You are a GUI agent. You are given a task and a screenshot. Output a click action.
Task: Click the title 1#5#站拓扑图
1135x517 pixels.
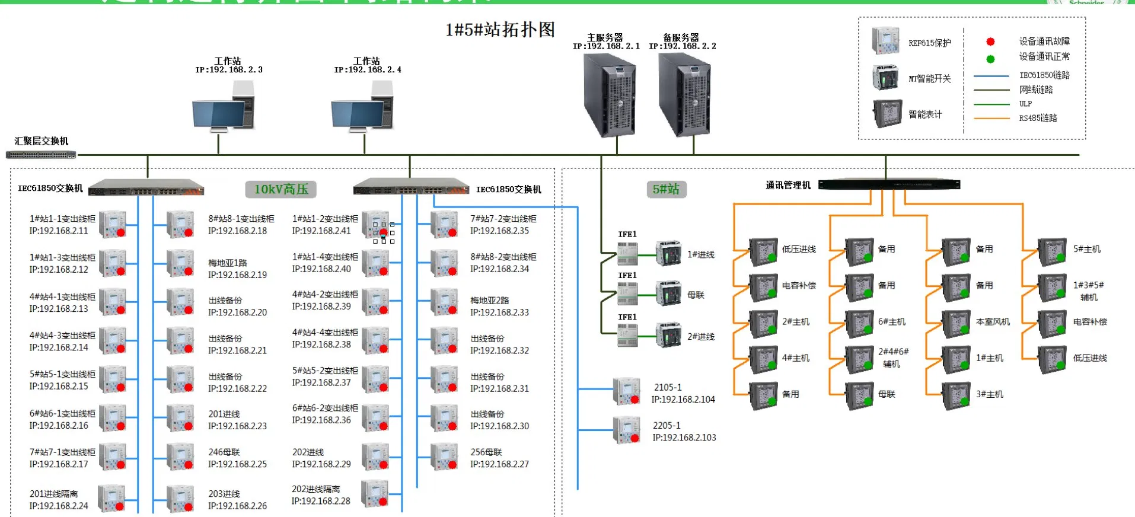(500, 30)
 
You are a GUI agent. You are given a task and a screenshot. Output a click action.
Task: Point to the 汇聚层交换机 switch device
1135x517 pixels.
(41, 155)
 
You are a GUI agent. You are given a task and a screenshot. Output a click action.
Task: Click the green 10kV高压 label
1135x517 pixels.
(280, 189)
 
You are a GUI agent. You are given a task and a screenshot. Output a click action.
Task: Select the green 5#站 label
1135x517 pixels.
(665, 189)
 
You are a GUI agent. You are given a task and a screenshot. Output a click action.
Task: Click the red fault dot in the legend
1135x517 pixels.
(990, 42)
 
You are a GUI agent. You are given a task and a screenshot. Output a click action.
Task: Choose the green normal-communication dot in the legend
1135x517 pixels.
(990, 59)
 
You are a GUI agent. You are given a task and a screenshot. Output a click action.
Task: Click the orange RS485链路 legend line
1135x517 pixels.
(991, 119)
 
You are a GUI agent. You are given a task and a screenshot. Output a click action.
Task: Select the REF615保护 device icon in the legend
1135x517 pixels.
(885, 41)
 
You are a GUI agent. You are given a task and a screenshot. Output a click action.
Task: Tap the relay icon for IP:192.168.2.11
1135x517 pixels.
(112, 224)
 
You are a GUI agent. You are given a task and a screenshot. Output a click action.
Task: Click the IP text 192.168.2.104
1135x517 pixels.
(683, 400)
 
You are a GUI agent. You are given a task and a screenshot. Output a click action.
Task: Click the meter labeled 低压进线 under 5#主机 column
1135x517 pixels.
(1053, 359)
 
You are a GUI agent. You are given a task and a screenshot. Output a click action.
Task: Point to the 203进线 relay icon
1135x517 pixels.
(180, 499)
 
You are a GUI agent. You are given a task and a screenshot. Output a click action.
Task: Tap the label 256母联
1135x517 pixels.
(486, 452)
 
